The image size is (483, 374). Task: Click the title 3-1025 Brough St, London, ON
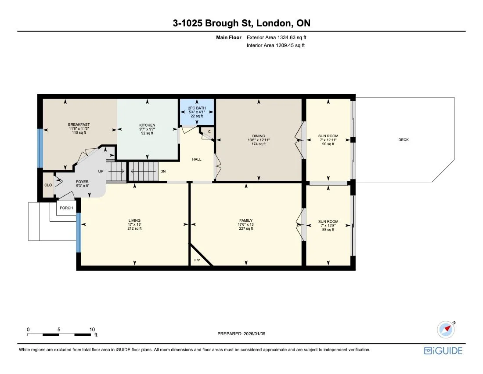pyautogui.click(x=241, y=23)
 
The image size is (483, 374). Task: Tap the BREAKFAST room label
pyautogui.click(x=79, y=125)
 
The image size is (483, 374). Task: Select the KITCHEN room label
pyautogui.click(x=147, y=125)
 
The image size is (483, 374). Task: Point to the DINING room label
pyautogui.click(x=258, y=136)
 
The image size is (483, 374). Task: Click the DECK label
pyautogui.click(x=403, y=140)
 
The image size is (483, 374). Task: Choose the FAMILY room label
pyautogui.click(x=246, y=220)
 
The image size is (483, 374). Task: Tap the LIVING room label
pyautogui.click(x=134, y=220)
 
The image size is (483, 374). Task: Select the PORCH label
pyautogui.click(x=66, y=208)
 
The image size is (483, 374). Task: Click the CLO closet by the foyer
pyautogui.click(x=48, y=185)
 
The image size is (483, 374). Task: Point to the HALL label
pyautogui.click(x=197, y=159)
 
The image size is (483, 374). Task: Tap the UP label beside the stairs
pyautogui.click(x=101, y=172)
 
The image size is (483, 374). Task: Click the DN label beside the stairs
pyautogui.click(x=163, y=172)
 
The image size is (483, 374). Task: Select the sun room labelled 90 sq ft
pyautogui.click(x=328, y=140)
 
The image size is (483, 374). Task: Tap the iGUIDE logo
pyautogui.click(x=443, y=351)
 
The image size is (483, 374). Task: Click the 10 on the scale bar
pyautogui.click(x=92, y=329)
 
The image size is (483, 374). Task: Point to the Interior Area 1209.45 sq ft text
pyautogui.click(x=276, y=45)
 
